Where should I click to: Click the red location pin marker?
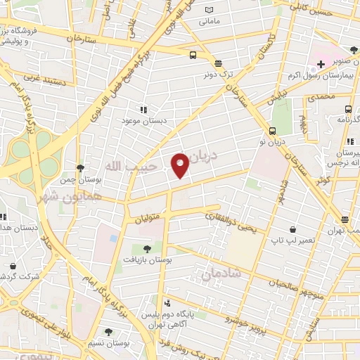(x=180, y=165)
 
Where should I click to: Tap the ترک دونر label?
(x=219, y=72)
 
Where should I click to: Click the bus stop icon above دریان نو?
(x=272, y=130)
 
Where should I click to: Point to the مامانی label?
(x=209, y=21)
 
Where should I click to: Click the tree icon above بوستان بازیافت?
(x=147, y=249)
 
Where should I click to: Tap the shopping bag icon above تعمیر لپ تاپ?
(x=292, y=229)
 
